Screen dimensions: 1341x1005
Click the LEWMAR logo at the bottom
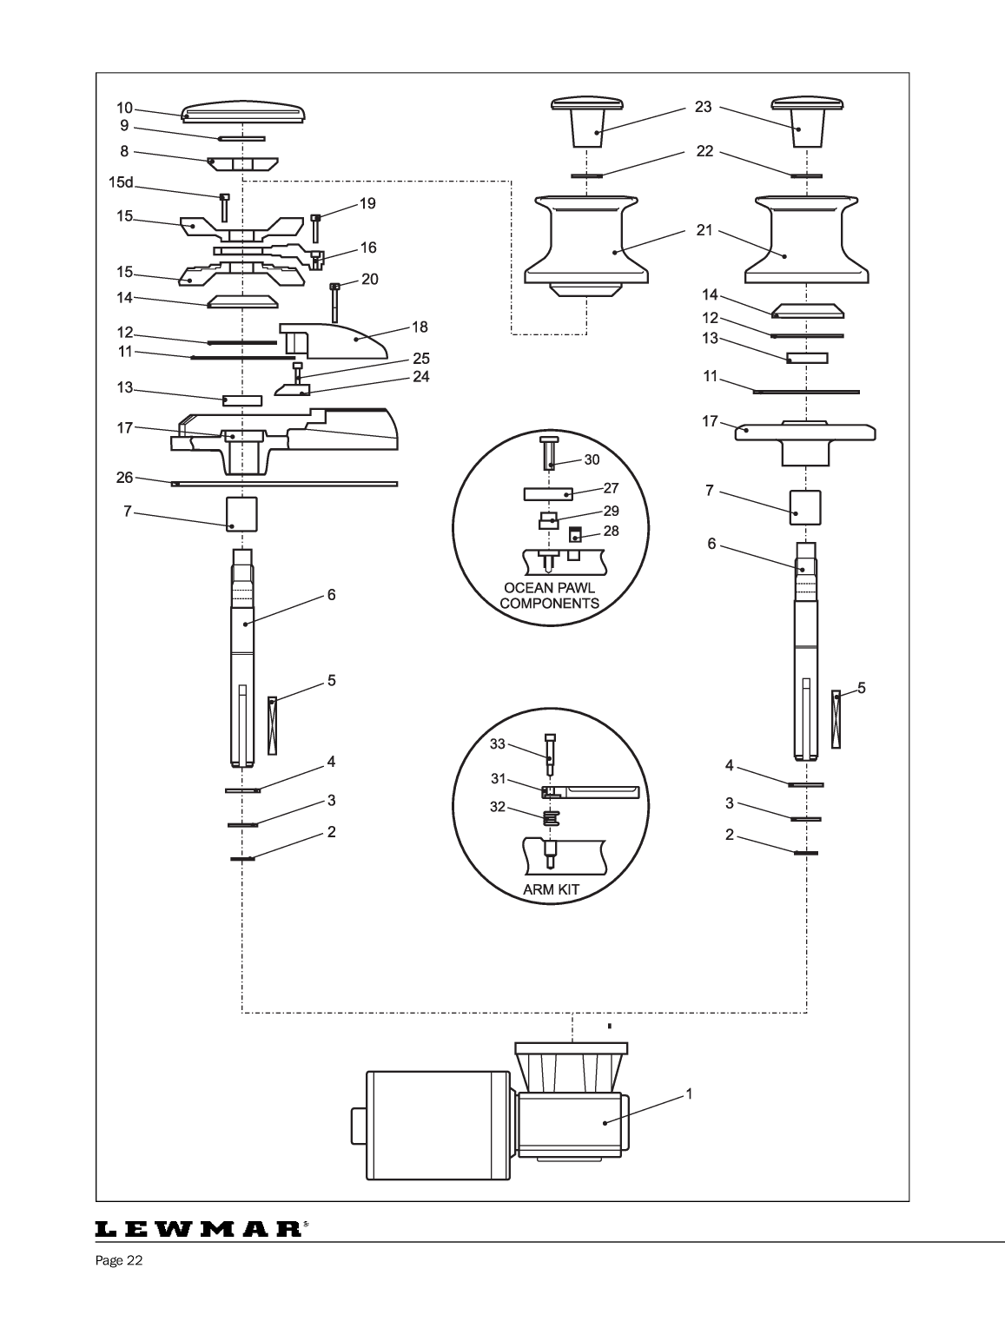pos(199,1230)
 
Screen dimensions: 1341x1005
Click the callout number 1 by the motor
pos(689,1094)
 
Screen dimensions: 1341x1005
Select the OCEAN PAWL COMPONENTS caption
pos(550,596)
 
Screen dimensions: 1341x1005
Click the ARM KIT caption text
pos(551,890)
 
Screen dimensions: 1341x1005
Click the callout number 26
pos(124,477)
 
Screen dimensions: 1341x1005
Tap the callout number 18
pos(420,327)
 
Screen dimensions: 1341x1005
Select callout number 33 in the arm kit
pos(497,743)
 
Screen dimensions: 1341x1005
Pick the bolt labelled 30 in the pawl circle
pos(550,451)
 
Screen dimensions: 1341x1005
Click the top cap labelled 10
pos(244,111)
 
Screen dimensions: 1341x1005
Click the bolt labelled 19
pos(315,228)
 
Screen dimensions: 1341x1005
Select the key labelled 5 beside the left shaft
pos(272,724)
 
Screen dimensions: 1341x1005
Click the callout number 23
pos(703,107)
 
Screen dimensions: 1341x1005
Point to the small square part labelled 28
pos(574,534)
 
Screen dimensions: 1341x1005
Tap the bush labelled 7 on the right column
pos(806,506)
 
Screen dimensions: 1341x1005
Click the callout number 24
pos(420,377)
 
